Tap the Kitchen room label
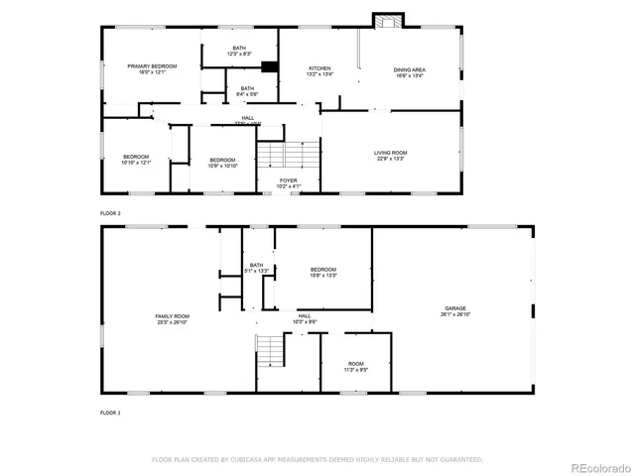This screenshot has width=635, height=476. point(319,70)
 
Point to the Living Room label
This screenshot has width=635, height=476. point(390,155)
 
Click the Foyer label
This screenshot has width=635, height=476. point(288,182)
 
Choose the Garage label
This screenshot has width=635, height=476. point(455,310)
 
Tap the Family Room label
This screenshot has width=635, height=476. point(172,319)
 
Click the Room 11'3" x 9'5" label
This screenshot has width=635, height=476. point(355,366)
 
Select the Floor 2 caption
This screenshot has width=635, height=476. point(110,213)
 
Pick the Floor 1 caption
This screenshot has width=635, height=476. point(110,412)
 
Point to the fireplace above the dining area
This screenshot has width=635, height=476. point(385,21)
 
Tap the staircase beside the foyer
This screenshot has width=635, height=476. point(290,155)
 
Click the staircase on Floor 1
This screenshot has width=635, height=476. point(270,349)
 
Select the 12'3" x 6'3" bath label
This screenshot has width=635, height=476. point(239,51)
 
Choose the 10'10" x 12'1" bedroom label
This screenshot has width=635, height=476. point(136,160)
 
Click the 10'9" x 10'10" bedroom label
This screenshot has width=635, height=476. point(222,162)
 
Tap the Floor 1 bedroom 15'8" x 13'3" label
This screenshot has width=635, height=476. point(323,273)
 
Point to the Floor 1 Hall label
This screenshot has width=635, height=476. point(304,318)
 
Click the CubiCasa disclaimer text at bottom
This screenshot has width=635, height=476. point(317,460)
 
